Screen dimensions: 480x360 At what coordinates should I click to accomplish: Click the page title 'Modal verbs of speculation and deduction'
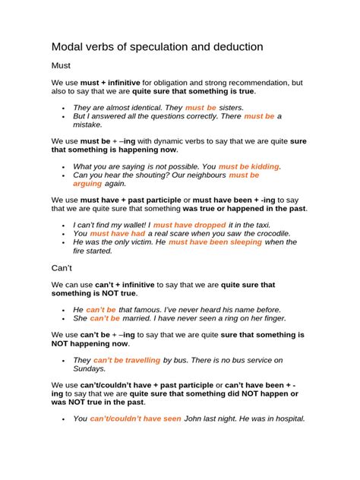click(x=157, y=47)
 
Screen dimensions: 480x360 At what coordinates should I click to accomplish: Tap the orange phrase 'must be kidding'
click(x=249, y=166)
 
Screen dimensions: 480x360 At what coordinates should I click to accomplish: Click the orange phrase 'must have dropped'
click(x=189, y=225)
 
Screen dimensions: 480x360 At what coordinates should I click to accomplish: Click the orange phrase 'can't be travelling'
click(x=127, y=360)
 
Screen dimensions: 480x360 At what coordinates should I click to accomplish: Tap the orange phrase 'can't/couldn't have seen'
click(x=135, y=418)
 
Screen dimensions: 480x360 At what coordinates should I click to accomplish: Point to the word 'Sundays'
click(x=90, y=368)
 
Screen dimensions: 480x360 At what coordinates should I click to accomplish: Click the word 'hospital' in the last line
click(x=284, y=418)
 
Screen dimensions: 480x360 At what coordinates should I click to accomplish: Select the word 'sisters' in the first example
click(x=231, y=108)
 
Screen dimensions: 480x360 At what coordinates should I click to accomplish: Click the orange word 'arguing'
click(x=87, y=183)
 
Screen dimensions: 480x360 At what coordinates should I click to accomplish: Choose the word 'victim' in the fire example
click(x=134, y=242)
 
